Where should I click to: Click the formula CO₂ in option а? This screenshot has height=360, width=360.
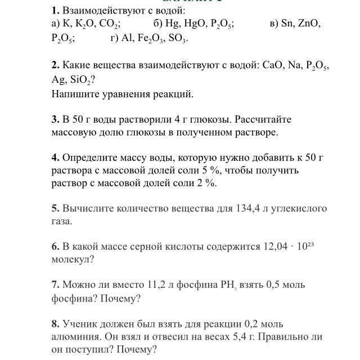[x=109, y=24]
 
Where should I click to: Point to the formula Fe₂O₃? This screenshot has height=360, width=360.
[x=149, y=39]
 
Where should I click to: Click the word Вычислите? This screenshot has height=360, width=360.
[x=88, y=208]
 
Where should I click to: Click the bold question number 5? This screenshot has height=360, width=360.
[x=55, y=208]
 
